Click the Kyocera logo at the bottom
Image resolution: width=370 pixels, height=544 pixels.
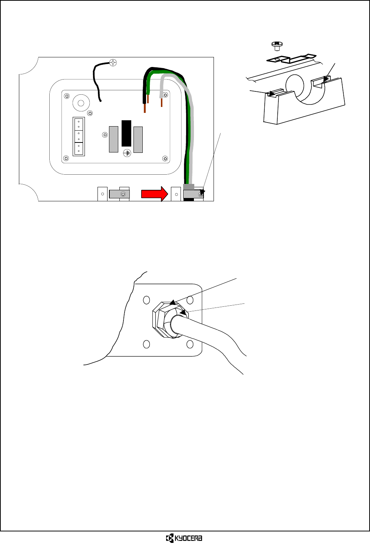point(184,538)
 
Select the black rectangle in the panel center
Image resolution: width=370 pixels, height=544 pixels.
point(126,133)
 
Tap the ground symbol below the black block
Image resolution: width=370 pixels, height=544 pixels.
point(127,152)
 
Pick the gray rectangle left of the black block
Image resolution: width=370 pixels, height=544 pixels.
point(113,139)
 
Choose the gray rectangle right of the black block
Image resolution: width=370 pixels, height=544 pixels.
point(138,139)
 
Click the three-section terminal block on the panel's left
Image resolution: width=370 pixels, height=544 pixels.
point(79,137)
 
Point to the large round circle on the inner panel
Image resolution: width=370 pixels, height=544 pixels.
point(81,103)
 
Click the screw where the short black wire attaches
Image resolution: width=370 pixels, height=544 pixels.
point(114,63)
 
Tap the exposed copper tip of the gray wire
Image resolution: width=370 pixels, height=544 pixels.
point(162,102)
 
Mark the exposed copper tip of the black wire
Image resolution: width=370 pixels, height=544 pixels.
point(145,108)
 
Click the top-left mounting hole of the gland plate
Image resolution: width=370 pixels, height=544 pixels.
point(146,299)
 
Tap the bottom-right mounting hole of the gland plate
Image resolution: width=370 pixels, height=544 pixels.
point(190,345)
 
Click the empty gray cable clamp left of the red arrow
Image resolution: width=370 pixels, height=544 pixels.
point(119,194)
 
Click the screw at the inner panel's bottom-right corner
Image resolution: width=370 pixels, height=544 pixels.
point(165,159)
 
